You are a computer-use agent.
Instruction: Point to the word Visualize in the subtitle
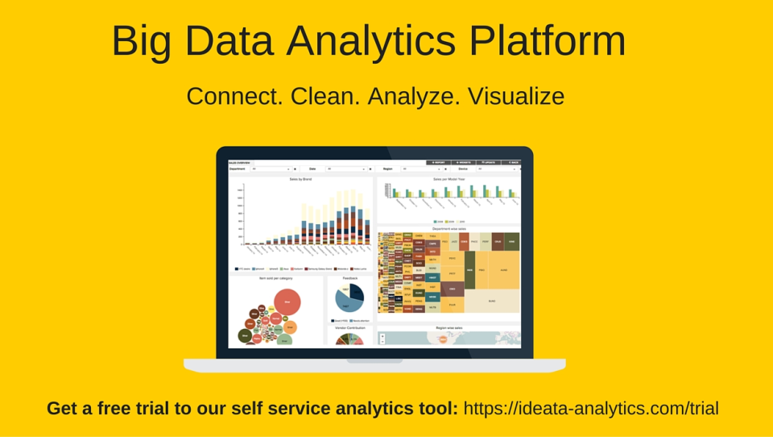tap(516, 97)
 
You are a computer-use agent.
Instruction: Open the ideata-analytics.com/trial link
tap(591, 408)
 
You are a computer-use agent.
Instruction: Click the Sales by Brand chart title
tap(300, 179)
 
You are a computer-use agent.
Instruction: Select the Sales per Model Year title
tap(449, 179)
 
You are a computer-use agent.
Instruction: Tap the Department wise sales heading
tap(449, 229)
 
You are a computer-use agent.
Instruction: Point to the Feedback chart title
tap(350, 278)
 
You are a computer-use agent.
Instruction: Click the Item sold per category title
tap(275, 278)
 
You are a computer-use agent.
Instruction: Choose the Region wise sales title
tap(449, 328)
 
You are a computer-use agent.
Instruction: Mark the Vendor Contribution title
tap(350, 328)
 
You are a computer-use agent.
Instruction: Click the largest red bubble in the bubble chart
tap(287, 302)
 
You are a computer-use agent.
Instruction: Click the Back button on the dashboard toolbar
tap(511, 162)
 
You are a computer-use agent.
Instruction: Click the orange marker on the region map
tap(442, 339)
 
